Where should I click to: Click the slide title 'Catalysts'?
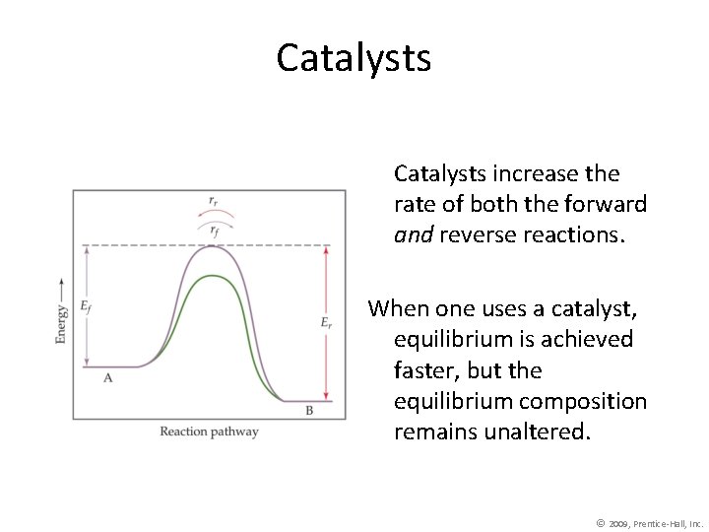pos(354,58)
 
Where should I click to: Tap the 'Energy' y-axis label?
pos(62,322)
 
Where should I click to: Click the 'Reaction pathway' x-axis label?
pos(209,432)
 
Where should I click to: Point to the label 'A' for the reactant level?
pos(107,378)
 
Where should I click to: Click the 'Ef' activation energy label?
pos(86,305)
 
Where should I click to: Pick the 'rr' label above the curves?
pos(214,200)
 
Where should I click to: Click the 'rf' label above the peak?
pos(214,229)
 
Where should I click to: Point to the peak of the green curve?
pos(213,275)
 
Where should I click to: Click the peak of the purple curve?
pos(213,246)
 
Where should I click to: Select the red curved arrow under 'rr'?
pos(214,214)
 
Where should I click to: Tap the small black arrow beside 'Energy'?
pos(62,286)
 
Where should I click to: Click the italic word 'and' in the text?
pos(413,235)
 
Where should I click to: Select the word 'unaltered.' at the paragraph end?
pos(543,432)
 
